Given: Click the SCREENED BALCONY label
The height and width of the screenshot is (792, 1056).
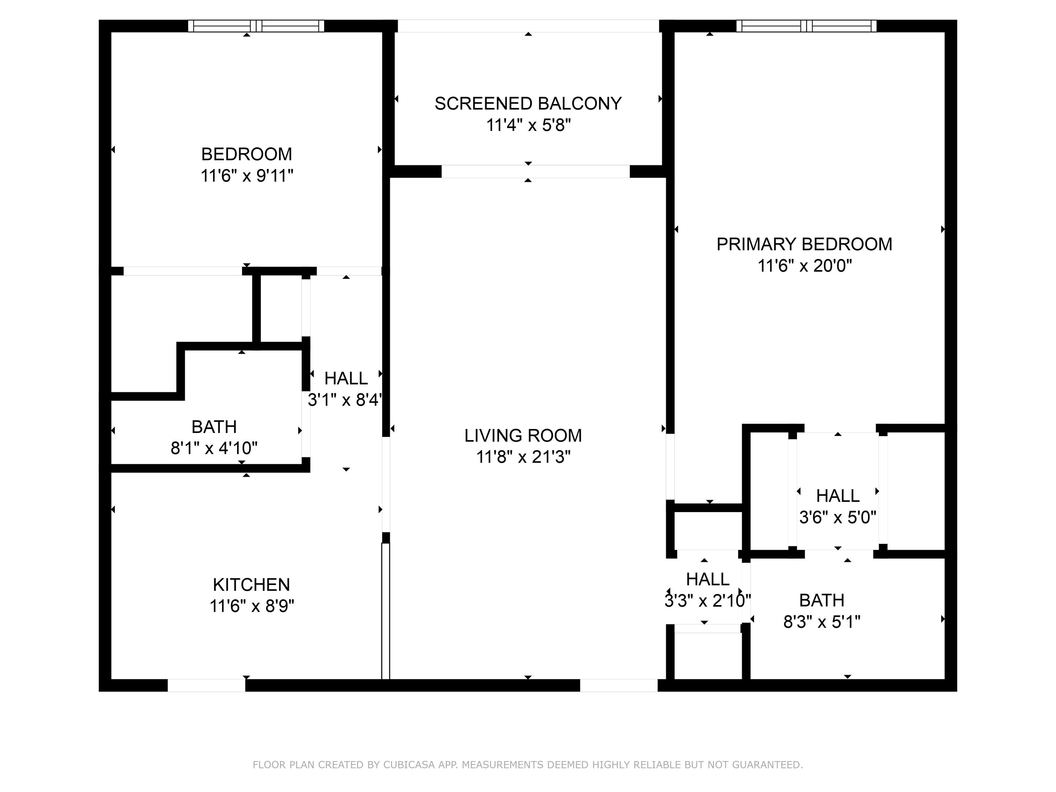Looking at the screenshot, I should click(x=528, y=103).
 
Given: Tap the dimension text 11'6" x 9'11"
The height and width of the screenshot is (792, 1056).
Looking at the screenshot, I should click(x=246, y=176).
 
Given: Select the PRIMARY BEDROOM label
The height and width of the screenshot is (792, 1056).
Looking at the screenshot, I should click(x=804, y=244).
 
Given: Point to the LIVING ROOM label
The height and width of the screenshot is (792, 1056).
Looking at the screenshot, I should click(x=523, y=435).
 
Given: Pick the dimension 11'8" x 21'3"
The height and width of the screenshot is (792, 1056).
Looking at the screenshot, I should click(x=523, y=457).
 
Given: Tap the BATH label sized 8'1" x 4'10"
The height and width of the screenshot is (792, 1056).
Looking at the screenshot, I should click(x=214, y=427).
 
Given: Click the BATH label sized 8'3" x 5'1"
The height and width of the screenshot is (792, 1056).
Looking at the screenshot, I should click(x=822, y=600).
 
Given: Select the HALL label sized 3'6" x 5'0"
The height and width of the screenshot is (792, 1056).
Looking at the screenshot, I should click(x=837, y=496).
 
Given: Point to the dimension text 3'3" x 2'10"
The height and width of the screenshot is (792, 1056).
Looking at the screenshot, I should click(x=708, y=601).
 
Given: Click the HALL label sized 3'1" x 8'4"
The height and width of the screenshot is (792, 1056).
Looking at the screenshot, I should click(x=346, y=378).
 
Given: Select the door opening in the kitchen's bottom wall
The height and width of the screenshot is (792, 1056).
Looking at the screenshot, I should click(x=206, y=685).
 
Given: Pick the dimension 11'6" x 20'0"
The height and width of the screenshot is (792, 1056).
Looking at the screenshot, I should click(x=804, y=266).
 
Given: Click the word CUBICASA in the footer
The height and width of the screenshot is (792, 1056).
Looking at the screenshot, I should click(x=409, y=765).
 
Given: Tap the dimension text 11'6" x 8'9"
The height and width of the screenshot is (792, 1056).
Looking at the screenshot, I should click(x=252, y=606).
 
